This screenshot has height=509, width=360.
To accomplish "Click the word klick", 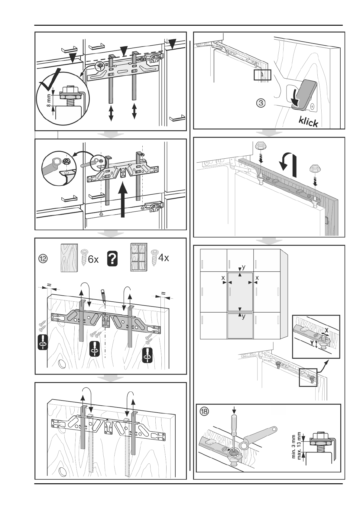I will [x=309, y=122].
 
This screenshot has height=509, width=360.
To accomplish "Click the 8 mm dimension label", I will [x=48, y=100].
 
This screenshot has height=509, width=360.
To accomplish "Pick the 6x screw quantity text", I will [x=93, y=259].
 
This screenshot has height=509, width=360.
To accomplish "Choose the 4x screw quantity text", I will [x=164, y=258].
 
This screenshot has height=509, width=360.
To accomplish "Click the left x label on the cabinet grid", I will [x=223, y=277].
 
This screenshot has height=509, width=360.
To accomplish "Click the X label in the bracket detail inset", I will [x=326, y=330].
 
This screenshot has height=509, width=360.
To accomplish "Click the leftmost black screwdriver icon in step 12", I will [x=43, y=342].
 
